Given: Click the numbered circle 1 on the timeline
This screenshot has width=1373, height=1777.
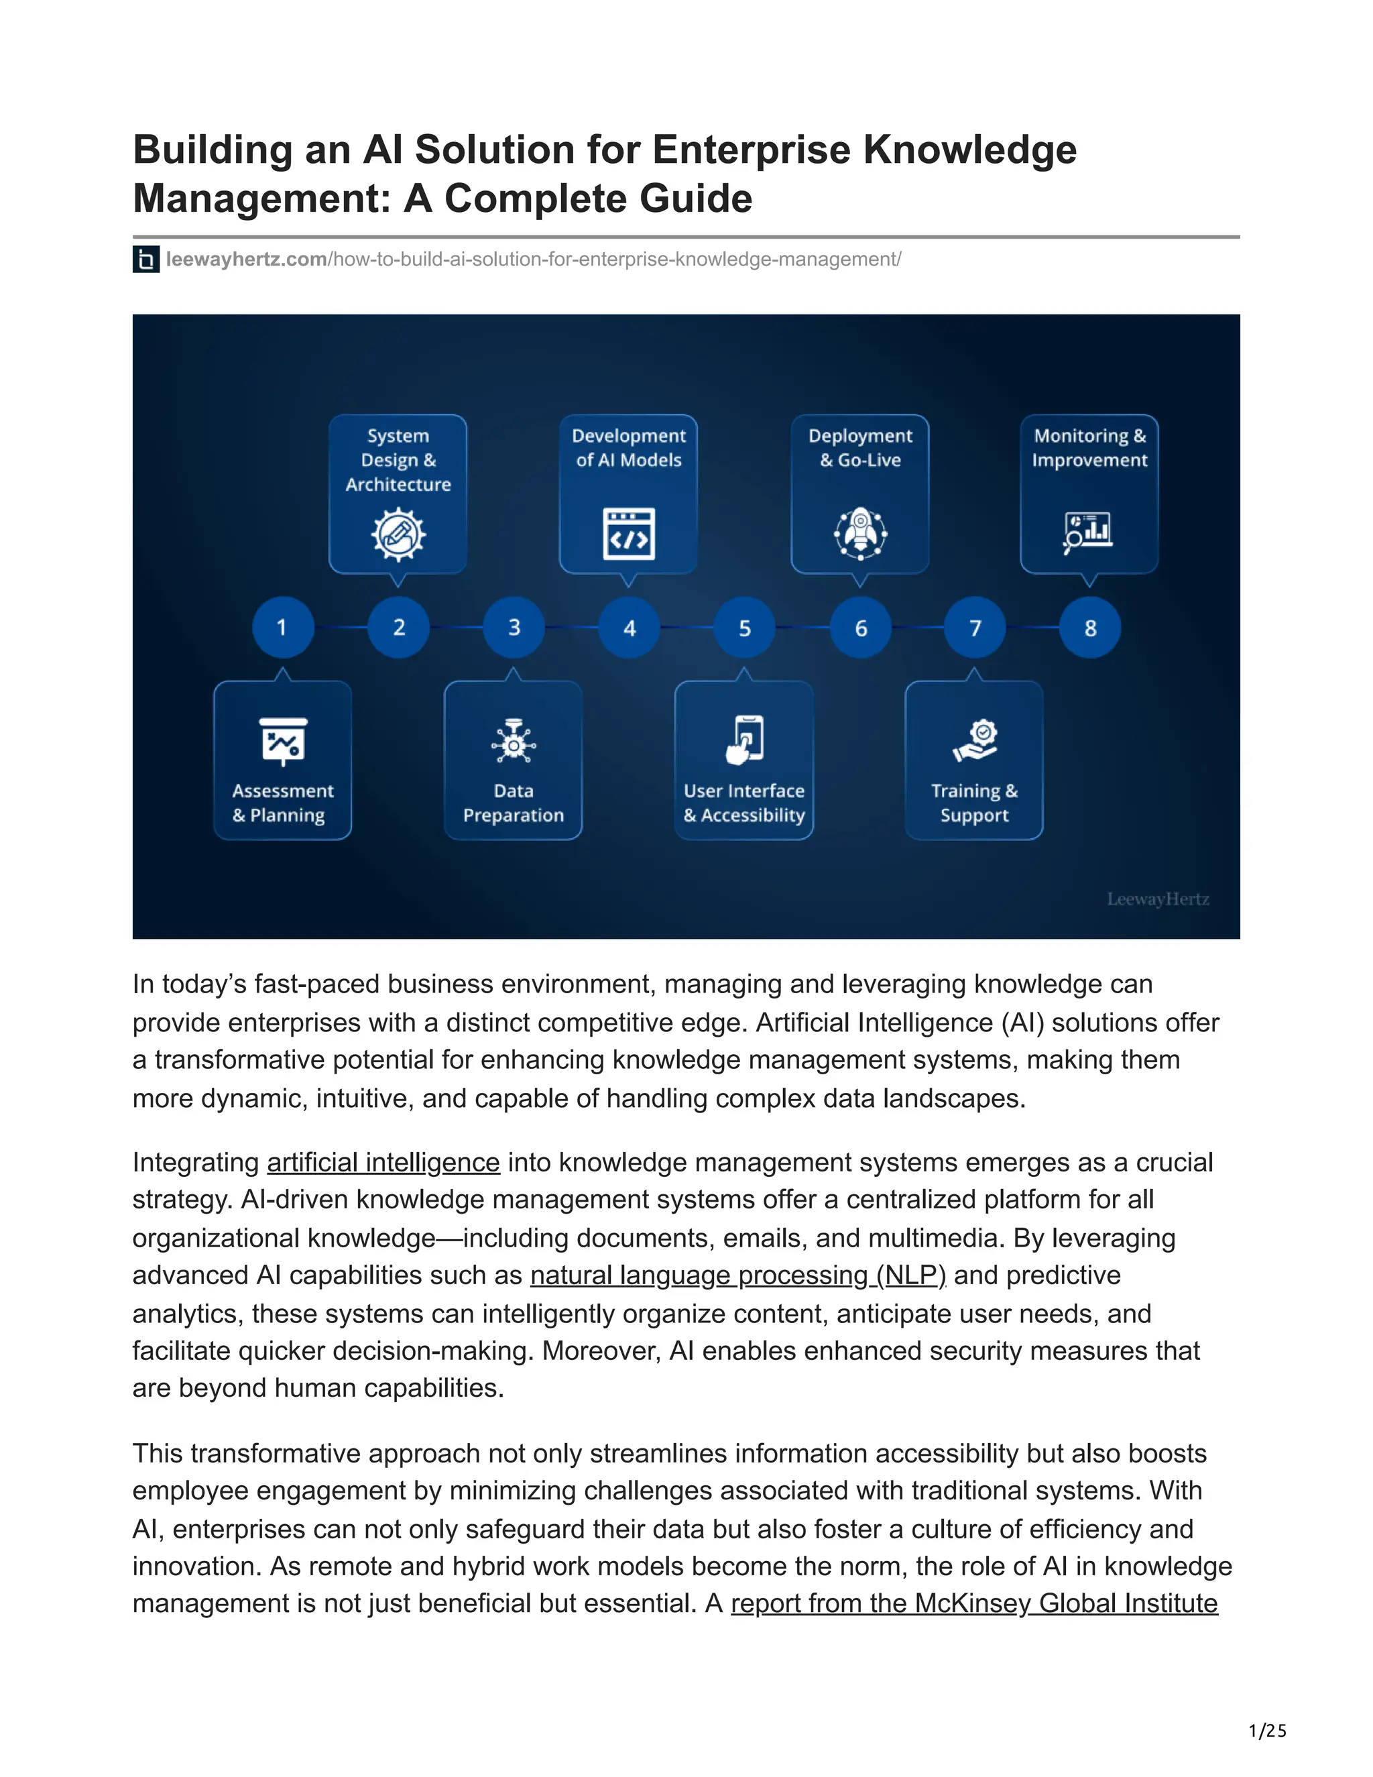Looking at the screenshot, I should click(282, 628).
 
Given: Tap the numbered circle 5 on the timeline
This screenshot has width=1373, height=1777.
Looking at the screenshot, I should click(744, 628).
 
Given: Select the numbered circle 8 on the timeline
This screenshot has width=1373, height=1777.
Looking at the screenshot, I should click(1090, 628).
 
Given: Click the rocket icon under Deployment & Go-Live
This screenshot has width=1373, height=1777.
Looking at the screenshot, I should click(859, 534).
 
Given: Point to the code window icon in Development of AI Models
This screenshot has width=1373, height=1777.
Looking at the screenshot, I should click(629, 534).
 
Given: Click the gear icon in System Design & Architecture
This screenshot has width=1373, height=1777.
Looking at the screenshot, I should click(398, 534).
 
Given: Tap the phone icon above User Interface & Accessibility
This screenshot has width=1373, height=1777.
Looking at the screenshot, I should click(744, 740).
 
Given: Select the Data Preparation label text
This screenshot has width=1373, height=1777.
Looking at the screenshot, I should click(514, 803).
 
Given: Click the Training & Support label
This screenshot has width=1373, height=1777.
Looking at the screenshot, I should click(974, 803).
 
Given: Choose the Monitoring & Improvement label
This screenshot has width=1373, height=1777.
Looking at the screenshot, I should click(1089, 447).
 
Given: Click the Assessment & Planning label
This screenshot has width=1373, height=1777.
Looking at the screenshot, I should click(282, 803).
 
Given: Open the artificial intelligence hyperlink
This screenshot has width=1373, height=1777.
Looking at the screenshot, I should click(383, 1163).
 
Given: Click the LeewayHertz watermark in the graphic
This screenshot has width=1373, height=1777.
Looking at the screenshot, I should click(1157, 899).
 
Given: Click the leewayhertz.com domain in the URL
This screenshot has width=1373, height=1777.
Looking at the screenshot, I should click(247, 260).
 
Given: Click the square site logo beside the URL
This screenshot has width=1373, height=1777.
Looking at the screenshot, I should click(145, 260).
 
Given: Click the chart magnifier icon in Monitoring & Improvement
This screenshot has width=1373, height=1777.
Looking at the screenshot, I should click(1087, 533).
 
